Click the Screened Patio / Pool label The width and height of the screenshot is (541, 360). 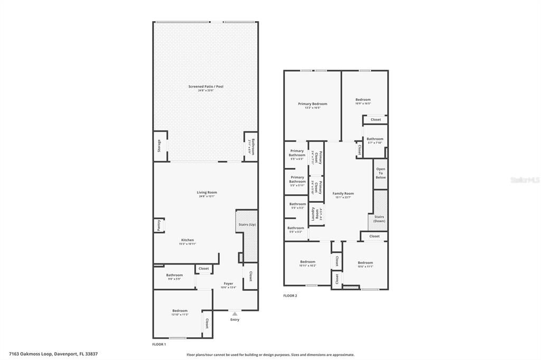tap(206, 87)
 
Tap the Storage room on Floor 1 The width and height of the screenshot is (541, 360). tap(159, 146)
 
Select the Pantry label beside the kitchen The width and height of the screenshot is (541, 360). tap(158, 225)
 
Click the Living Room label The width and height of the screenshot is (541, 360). tap(207, 193)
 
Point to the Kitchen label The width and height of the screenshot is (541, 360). tap(188, 240)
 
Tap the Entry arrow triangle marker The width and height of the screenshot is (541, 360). tap(235, 314)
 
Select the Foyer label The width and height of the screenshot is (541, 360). tap(228, 284)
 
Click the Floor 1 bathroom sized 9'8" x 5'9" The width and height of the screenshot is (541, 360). tap(174, 275)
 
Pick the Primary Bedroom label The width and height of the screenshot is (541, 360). tap(312, 104)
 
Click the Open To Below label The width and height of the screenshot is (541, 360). tap(380, 173)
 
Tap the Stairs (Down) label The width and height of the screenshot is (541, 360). tap(379, 219)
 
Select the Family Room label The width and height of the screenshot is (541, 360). tap(343, 194)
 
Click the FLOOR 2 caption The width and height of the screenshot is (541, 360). tap(290, 296)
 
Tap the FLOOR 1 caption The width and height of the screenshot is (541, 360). tap(158, 344)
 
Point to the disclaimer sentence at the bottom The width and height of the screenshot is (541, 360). tap(270, 355)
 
